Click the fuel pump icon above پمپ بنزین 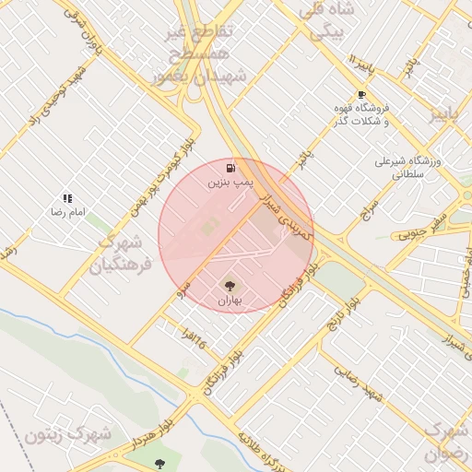230,169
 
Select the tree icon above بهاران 230,287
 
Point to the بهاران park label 230,301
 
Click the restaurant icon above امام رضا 67,198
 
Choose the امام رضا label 67,213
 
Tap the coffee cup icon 361,95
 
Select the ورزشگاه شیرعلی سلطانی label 407,166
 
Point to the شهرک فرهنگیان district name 120,254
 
